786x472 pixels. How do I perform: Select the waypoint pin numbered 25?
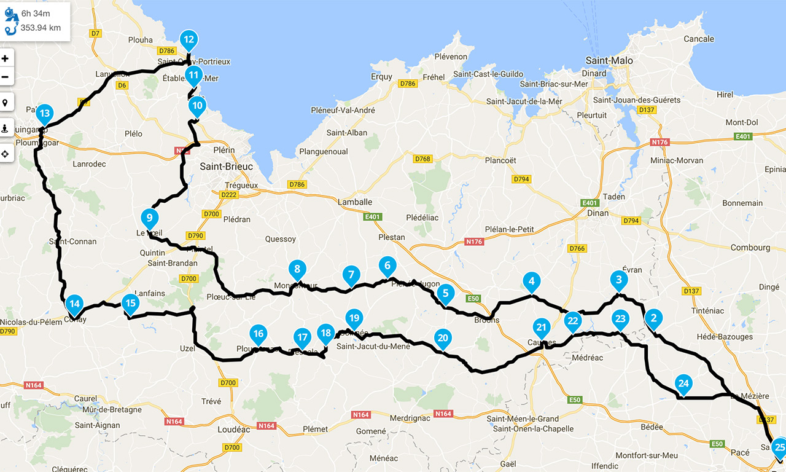click(x=779, y=447)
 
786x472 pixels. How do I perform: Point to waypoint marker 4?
click(x=532, y=282)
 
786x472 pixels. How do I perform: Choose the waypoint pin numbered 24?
click(x=683, y=385)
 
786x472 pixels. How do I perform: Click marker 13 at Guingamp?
click(x=44, y=114)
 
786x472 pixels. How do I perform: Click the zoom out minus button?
click(x=6, y=77)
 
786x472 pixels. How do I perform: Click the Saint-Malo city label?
click(x=609, y=60)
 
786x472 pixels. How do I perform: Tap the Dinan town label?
click(x=597, y=213)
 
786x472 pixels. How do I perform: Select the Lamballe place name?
click(x=355, y=202)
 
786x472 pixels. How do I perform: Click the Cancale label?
click(x=699, y=39)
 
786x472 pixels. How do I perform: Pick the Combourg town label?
click(x=750, y=248)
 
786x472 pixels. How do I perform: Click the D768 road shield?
click(x=422, y=159)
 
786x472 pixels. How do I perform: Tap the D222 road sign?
click(x=228, y=195)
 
